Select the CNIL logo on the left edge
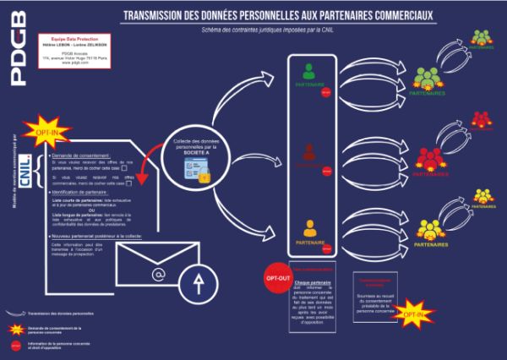point(25,161)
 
